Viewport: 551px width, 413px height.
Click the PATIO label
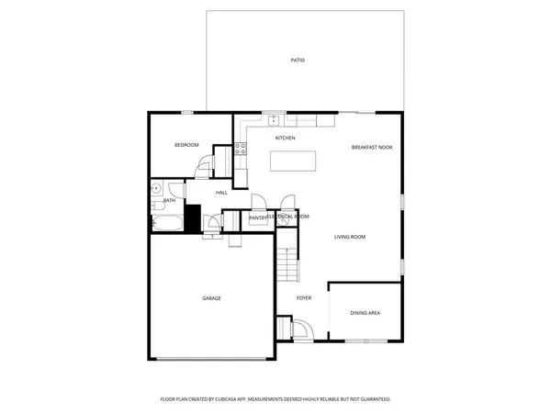pos(298,61)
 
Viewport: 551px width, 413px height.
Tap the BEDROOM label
pos(187,146)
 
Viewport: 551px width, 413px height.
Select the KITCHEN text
pos(285,138)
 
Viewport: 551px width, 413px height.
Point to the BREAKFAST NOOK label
pos(372,147)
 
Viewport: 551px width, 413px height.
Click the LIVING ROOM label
pos(350,237)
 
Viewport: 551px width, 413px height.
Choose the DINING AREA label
pos(365,313)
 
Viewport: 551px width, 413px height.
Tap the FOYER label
pos(304,298)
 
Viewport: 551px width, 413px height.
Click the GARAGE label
pos(211,298)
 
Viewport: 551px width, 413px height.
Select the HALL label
pos(221,193)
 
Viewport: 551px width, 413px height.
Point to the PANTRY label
pos(244,218)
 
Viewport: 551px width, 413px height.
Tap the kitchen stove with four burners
pos(241,149)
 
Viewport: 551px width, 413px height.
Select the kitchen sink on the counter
pos(273,118)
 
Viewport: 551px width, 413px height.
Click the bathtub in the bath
pos(168,222)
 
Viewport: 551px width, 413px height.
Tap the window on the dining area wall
pos(365,340)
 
